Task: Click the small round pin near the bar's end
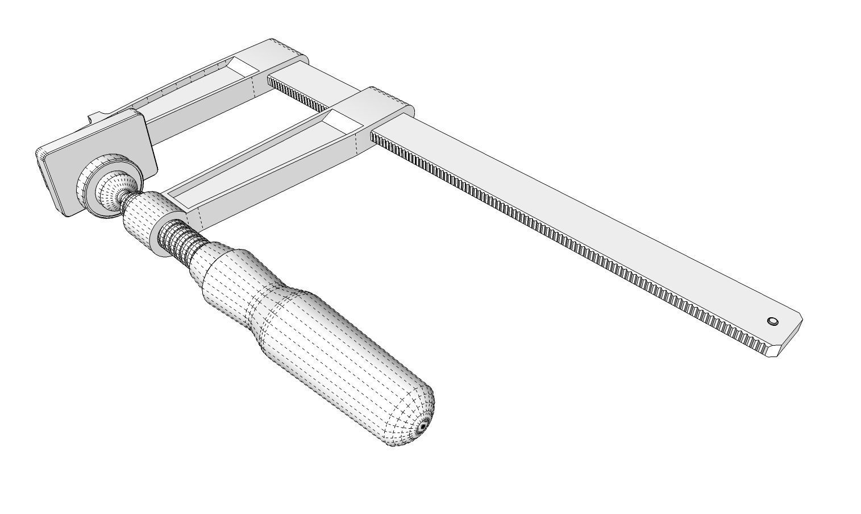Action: point(772,322)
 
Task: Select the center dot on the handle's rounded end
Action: point(423,426)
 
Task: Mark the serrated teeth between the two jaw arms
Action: point(298,96)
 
